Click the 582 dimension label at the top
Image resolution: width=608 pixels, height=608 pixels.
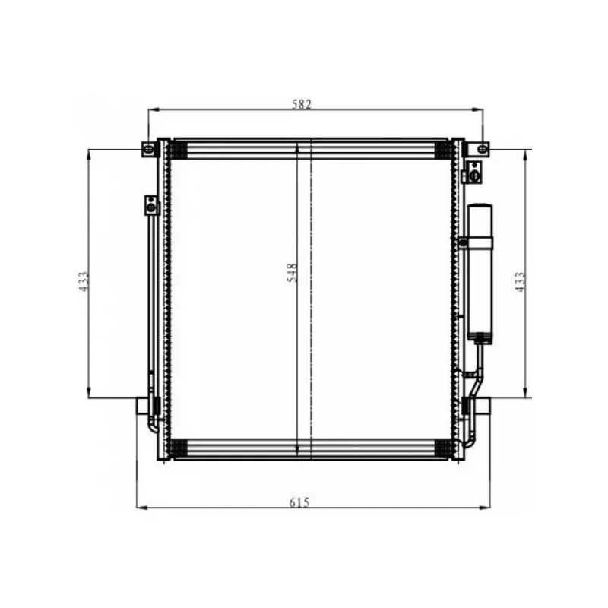[x=301, y=104]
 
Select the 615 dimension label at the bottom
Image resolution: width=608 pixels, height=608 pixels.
[x=299, y=502]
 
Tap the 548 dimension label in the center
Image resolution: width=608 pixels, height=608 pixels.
[x=292, y=273]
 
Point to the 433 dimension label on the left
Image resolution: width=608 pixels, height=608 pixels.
[x=84, y=281]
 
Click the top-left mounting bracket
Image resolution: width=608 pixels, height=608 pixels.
[x=148, y=149]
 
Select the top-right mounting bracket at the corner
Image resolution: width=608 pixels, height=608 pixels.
[x=482, y=149]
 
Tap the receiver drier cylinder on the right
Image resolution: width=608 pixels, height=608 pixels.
[x=480, y=271]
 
